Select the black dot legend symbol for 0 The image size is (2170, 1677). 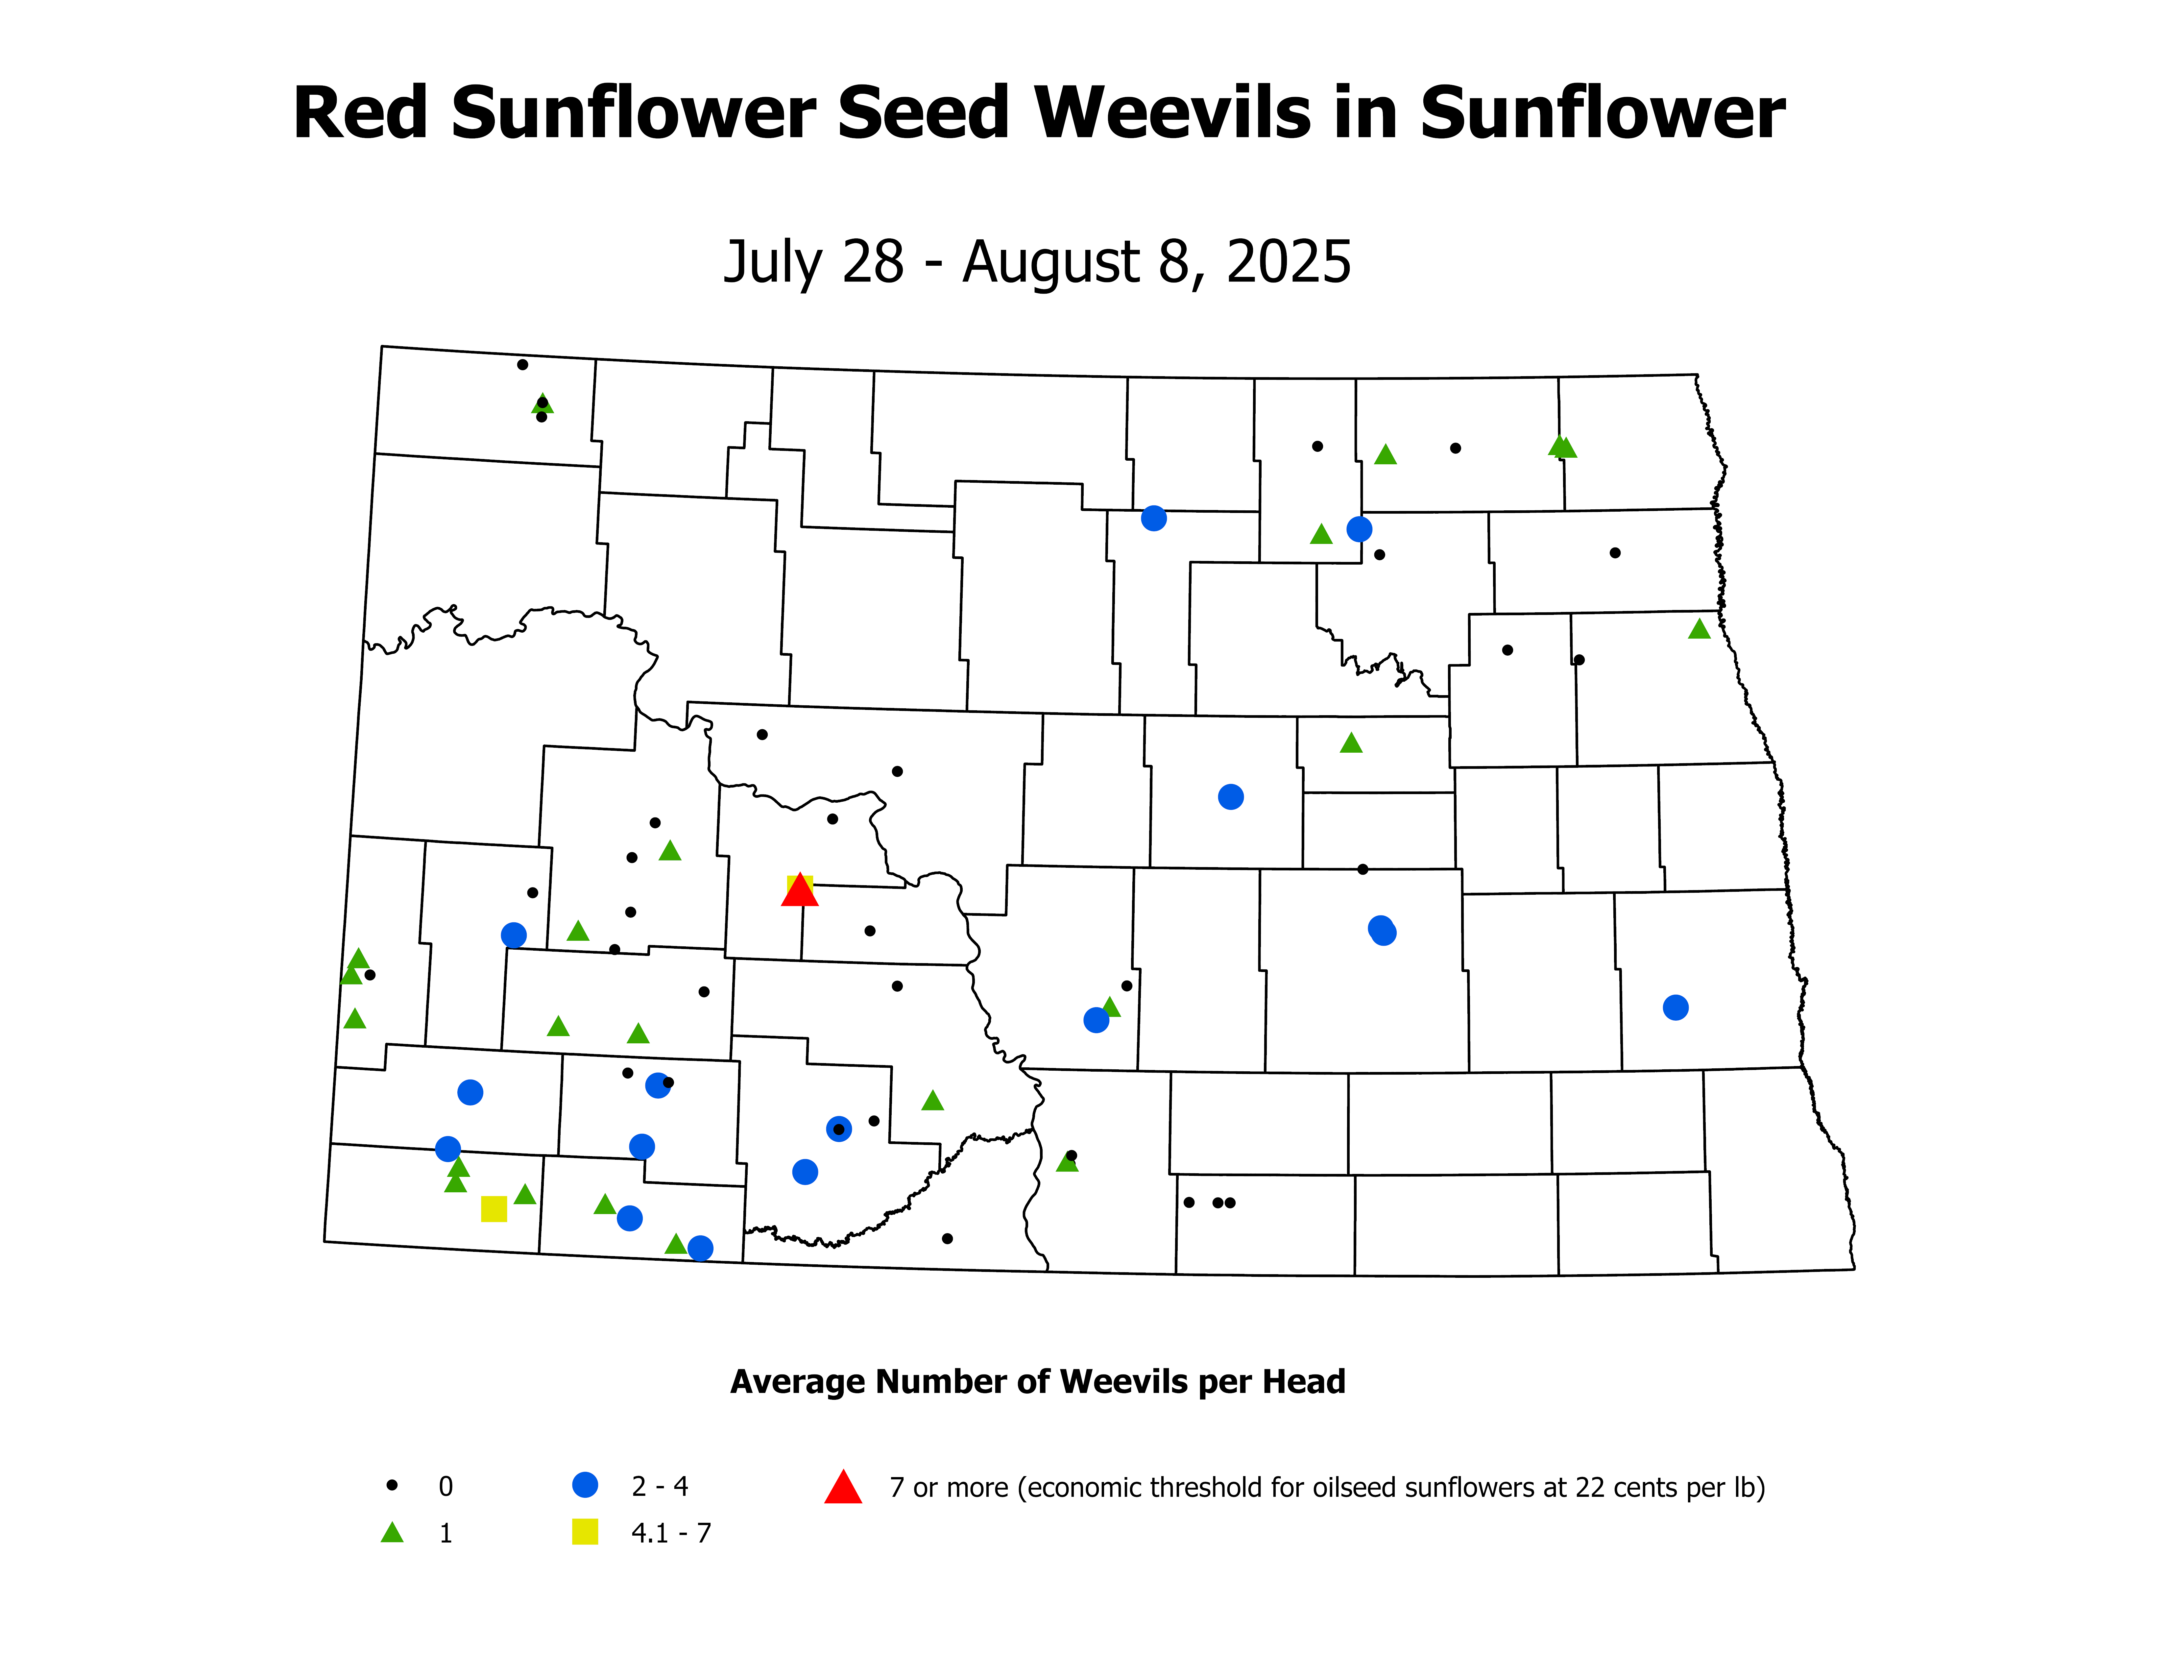(393, 1485)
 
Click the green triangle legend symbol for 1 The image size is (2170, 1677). (393, 1533)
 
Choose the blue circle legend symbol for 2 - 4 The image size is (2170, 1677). (585, 1485)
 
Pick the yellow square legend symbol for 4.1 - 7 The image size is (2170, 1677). (585, 1532)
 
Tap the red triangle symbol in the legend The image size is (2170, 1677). (843, 1487)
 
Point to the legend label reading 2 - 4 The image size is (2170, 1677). (660, 1486)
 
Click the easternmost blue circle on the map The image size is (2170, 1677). (1675, 1008)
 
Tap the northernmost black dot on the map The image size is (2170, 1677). (523, 365)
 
